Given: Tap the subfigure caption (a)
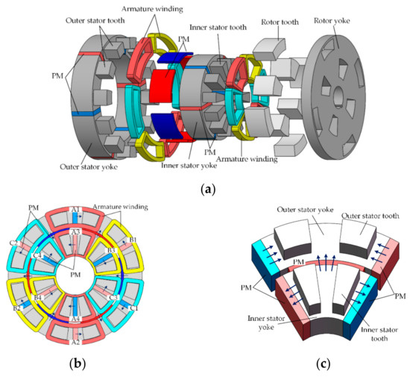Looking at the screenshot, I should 205,190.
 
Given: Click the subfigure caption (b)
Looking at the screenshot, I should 75,365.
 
